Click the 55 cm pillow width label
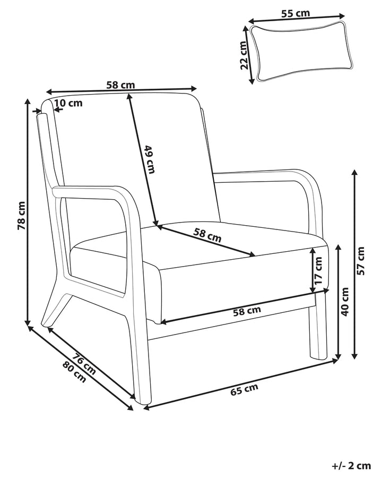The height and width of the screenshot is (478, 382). pos(295,14)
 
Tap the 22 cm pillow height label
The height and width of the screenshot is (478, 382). pos(244,56)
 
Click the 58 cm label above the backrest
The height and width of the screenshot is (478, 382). pos(120,84)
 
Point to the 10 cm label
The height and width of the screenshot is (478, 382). pos(68,103)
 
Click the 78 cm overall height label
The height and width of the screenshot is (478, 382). pos(21,215)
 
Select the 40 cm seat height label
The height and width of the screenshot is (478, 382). pos(345,301)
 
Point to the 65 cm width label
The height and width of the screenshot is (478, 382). pos(244,390)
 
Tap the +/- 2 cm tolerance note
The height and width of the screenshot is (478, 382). pos(351,466)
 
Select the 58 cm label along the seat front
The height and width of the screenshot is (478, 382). pos(247,311)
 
